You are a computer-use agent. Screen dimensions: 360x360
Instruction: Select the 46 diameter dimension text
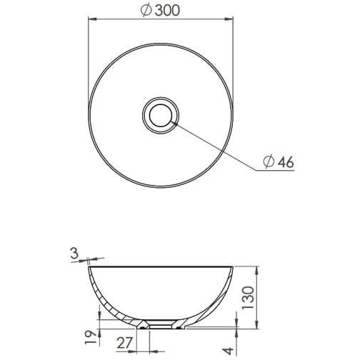point(284,162)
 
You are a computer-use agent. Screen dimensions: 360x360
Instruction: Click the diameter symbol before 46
point(267,162)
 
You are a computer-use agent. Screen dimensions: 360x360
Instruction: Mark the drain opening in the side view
point(162,323)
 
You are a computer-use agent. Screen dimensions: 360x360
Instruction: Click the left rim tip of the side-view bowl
point(89,268)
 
